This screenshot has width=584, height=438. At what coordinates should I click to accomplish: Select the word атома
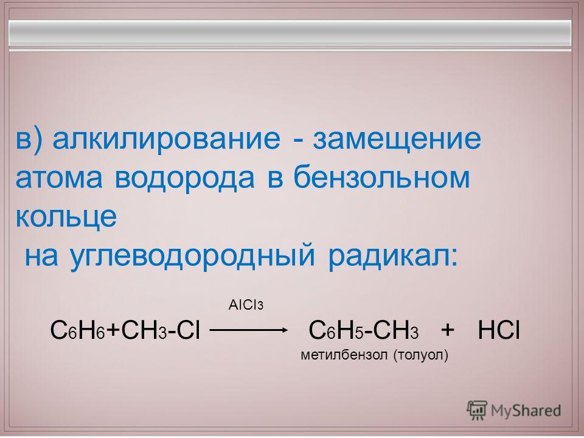click(59, 178)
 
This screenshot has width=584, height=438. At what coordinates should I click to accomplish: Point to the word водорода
click(185, 179)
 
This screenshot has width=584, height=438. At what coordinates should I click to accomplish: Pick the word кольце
click(66, 217)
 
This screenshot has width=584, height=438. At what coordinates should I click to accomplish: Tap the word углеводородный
click(192, 256)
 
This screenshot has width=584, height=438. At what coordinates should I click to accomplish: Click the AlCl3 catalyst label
click(246, 305)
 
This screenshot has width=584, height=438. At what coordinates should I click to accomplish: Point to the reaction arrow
click(249, 330)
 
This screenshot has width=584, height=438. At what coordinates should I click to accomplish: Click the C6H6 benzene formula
click(78, 330)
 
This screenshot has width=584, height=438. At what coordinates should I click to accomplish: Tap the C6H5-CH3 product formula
click(364, 330)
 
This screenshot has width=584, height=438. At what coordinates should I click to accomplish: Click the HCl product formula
click(499, 330)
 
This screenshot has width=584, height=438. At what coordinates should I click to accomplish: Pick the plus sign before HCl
click(447, 330)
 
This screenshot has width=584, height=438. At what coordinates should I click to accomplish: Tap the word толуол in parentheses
click(420, 355)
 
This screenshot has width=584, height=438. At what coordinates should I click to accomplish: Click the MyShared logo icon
click(477, 411)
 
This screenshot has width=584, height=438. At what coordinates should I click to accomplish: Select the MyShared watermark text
click(526, 411)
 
